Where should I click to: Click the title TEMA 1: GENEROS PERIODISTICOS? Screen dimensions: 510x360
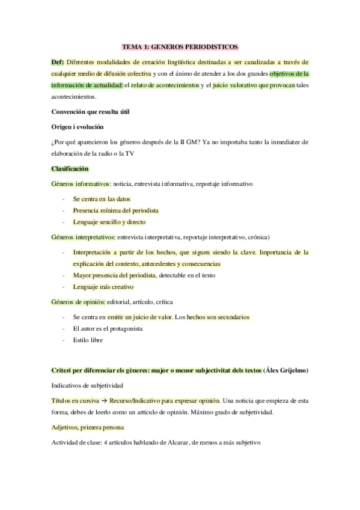click(x=180, y=46)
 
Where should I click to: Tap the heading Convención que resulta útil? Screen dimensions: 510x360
click(x=90, y=112)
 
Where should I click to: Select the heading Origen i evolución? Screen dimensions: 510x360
click(x=78, y=127)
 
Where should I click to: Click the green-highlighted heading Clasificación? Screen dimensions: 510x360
click(x=70, y=169)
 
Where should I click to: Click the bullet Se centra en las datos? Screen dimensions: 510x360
click(x=102, y=198)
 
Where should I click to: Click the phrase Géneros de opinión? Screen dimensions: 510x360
click(x=78, y=301)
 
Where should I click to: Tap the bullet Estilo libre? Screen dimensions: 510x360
click(x=88, y=340)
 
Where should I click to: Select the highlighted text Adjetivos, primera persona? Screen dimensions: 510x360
click(x=88, y=426)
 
